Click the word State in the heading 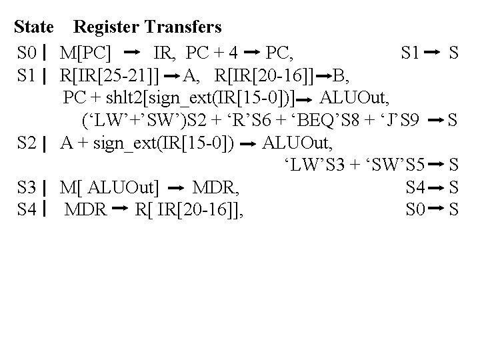pyautogui.click(x=34, y=27)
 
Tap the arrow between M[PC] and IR pyautogui.click(x=132, y=51)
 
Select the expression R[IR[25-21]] pyautogui.click(x=109, y=74)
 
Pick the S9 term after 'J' pyautogui.click(x=409, y=120)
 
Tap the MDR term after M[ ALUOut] pyautogui.click(x=215, y=187)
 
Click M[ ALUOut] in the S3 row pyautogui.click(x=109, y=187)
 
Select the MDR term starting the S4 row pyautogui.click(x=86, y=211)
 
